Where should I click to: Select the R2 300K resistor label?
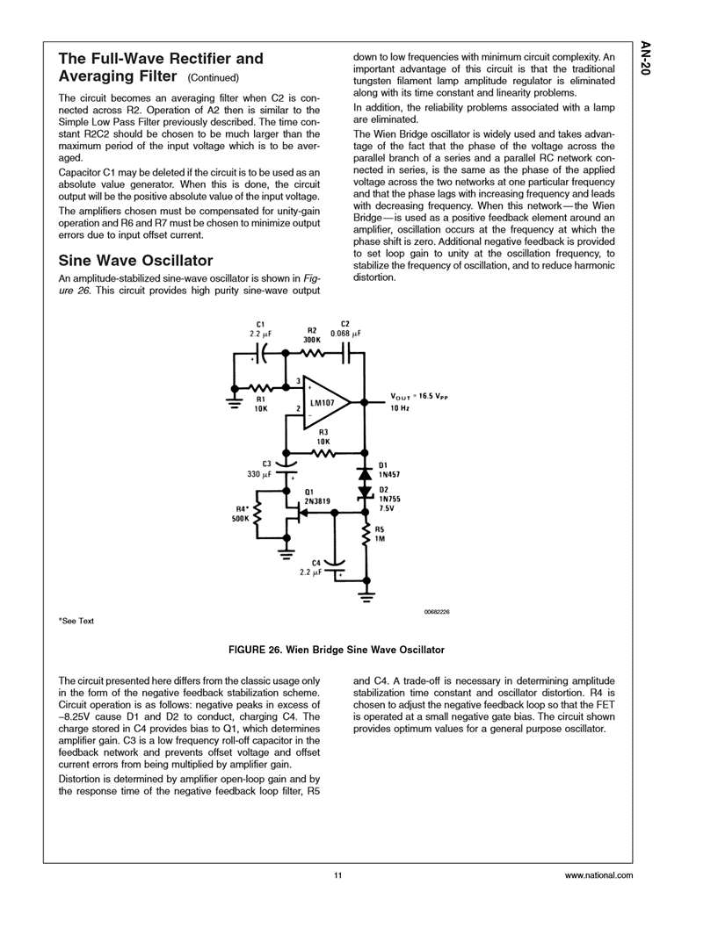point(311,334)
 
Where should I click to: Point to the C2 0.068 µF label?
point(345,328)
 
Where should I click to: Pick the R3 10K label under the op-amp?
point(323,436)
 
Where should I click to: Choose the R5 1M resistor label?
point(381,534)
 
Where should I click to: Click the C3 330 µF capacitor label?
point(262,468)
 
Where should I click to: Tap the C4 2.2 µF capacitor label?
point(311,566)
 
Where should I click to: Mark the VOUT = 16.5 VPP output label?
point(419,397)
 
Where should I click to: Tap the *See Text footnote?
point(76,622)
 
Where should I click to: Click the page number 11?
point(337,875)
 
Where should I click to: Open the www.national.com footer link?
point(598,875)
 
